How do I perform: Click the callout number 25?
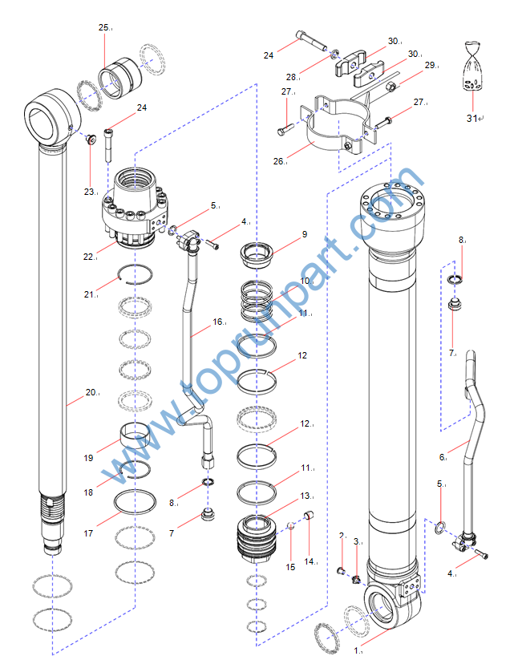click(103, 28)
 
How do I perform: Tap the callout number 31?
click(472, 119)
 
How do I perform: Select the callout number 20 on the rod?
click(91, 392)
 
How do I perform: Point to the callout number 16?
click(217, 322)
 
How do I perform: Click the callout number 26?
click(279, 160)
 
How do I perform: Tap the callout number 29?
click(429, 65)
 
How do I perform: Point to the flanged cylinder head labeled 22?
click(135, 204)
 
